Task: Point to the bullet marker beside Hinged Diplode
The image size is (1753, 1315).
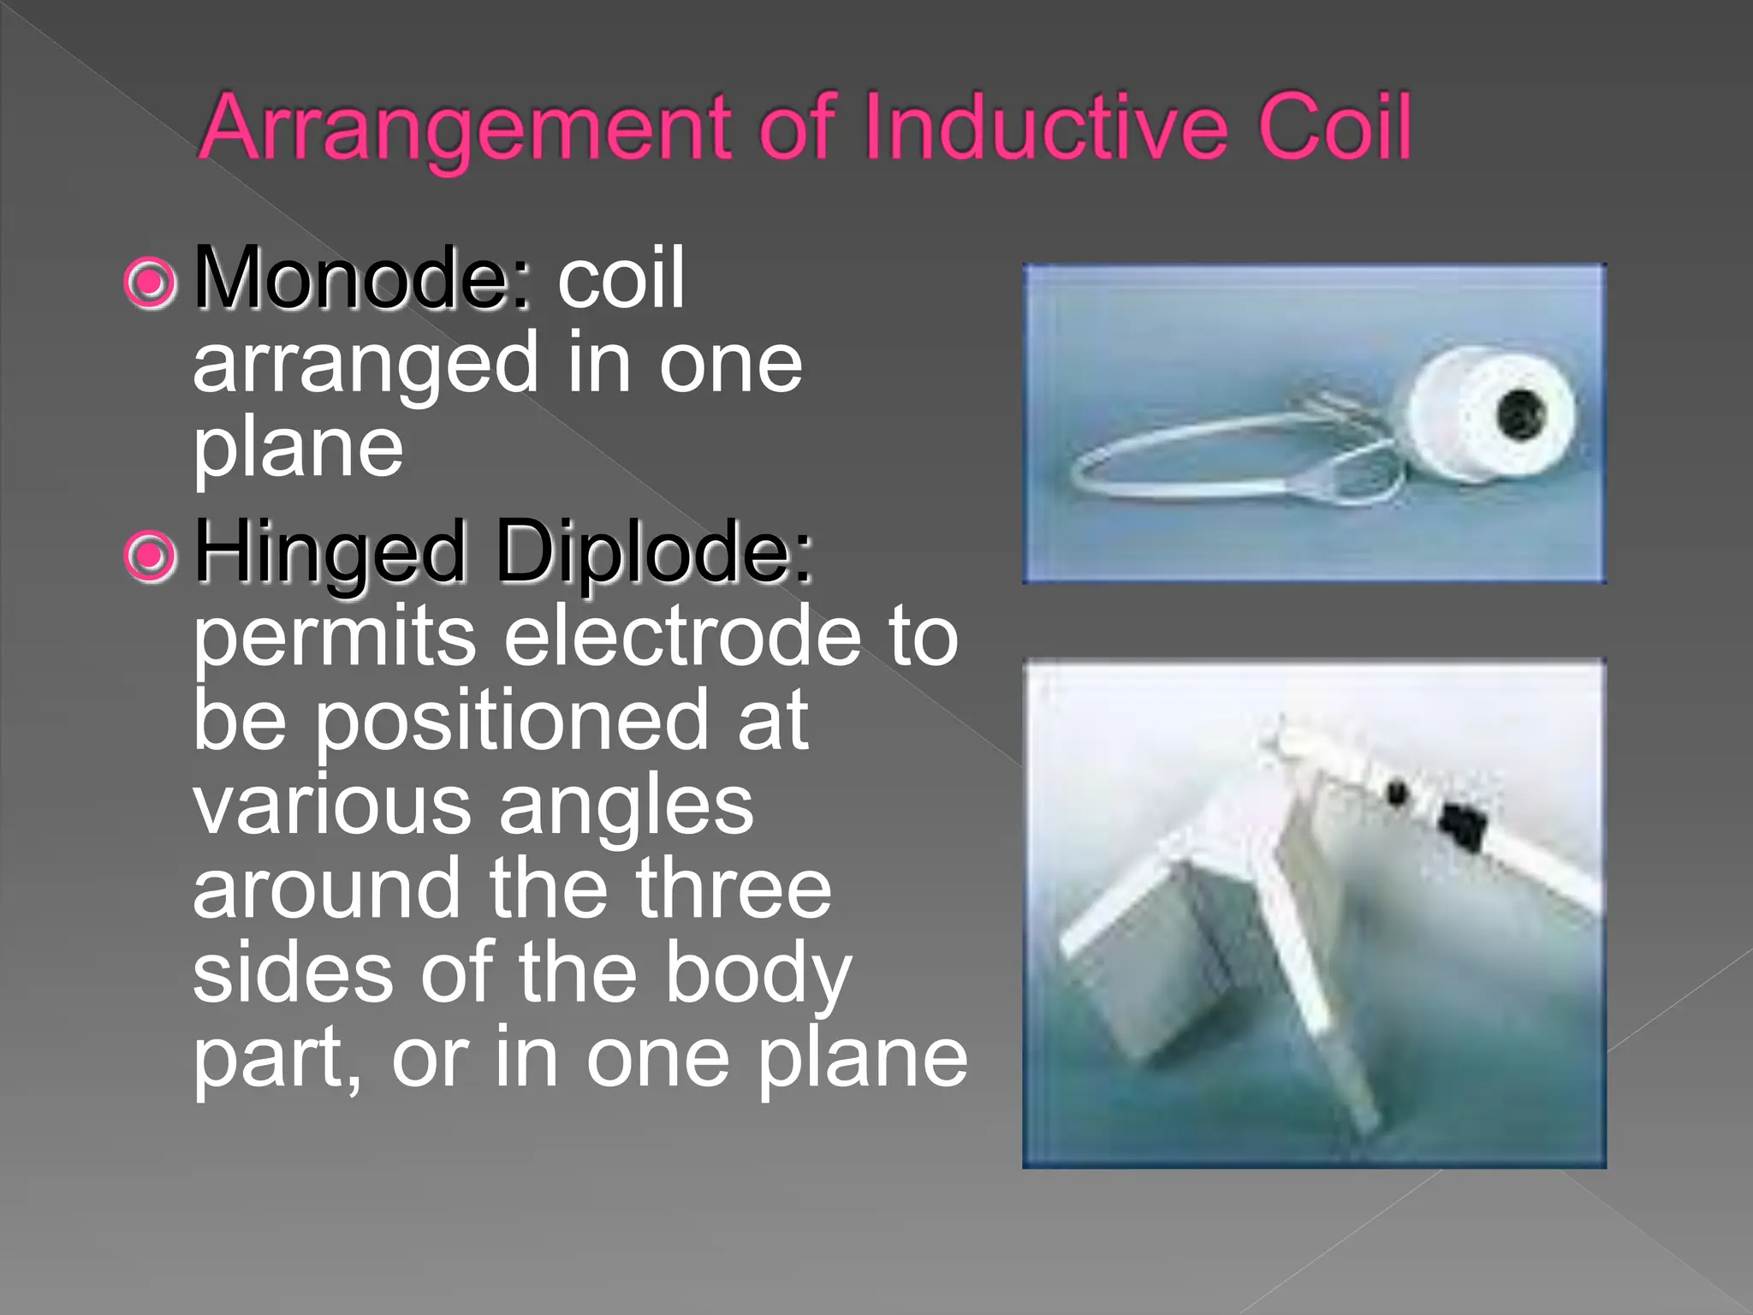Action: click(151, 556)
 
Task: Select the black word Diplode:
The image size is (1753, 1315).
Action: click(654, 551)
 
